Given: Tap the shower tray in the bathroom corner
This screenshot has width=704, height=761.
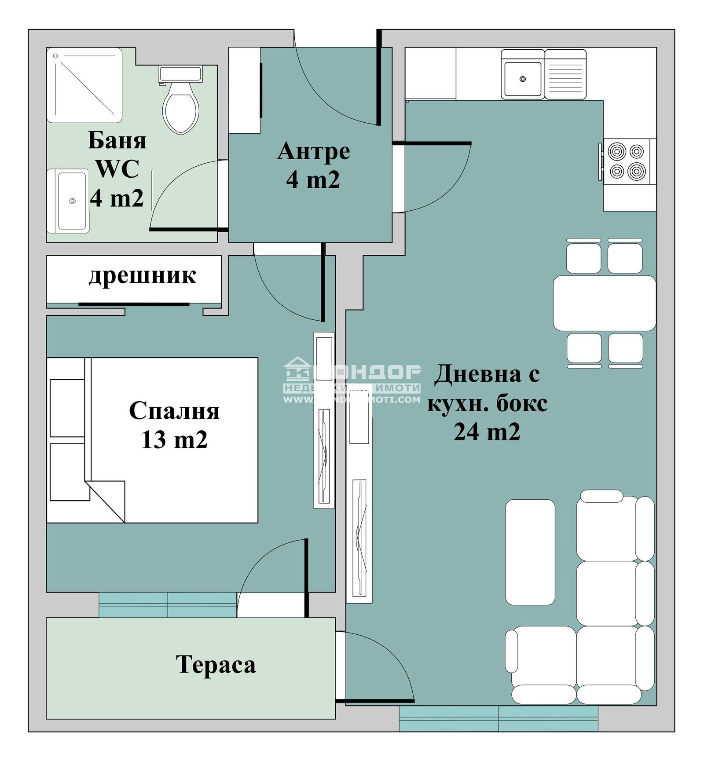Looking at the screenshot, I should (84, 85).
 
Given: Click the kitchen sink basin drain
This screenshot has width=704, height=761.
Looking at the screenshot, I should (522, 79).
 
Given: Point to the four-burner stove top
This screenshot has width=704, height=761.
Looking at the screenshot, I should (627, 161).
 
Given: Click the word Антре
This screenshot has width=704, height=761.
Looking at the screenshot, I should (313, 151).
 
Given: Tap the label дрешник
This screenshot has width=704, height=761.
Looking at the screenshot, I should (142, 276).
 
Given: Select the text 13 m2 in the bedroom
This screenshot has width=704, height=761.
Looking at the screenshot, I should (174, 439).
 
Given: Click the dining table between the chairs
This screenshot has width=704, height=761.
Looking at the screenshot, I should (604, 303).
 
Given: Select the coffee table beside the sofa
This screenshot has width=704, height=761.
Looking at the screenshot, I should (530, 552).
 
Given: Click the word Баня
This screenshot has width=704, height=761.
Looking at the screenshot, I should (117, 141).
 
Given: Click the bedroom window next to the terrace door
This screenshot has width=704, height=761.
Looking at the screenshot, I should (167, 605).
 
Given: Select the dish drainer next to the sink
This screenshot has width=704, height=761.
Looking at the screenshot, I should (565, 74).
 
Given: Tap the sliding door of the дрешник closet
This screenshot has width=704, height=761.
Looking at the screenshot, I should (134, 304).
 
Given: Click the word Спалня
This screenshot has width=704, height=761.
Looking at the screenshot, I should (174, 411).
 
